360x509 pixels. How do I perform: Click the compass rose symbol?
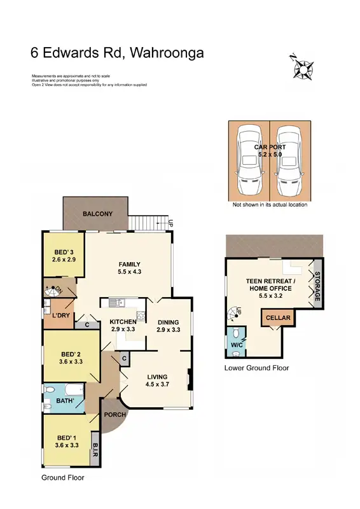[301, 66]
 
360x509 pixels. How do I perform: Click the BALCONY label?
[97, 214]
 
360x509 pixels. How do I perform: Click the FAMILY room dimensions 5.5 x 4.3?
[129, 272]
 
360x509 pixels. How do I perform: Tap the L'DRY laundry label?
[61, 316]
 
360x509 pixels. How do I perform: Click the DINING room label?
[169, 322]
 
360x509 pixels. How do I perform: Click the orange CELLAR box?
[278, 317]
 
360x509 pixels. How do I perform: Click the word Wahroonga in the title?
[167, 53]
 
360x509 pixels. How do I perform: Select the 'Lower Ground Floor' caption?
[256, 368]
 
